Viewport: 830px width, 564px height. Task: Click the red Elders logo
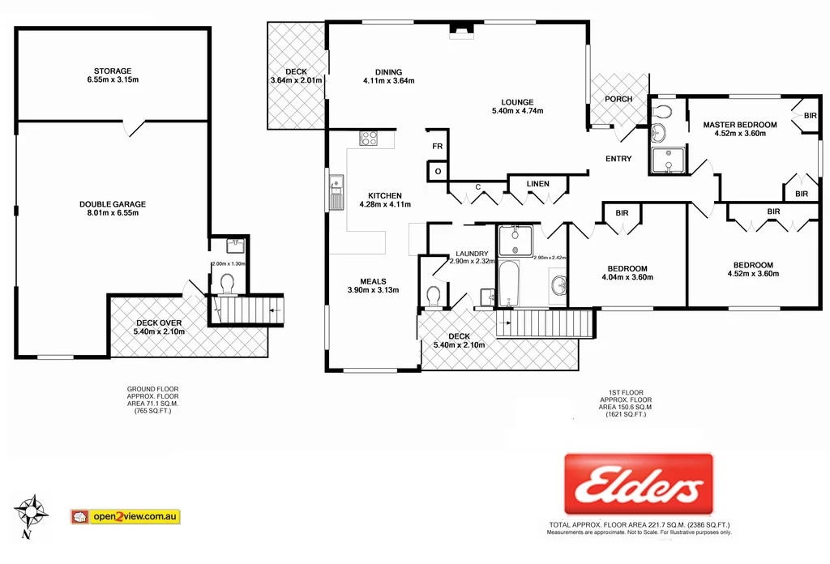(x=638, y=486)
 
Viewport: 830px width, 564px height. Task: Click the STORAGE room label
(x=112, y=70)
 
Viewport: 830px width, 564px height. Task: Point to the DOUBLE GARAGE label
(x=112, y=204)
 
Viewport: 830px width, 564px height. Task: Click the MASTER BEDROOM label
(x=739, y=125)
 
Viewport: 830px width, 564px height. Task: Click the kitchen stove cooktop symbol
(x=369, y=138)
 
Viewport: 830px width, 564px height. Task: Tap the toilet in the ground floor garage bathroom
(x=227, y=283)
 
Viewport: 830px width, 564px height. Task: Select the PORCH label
(x=618, y=99)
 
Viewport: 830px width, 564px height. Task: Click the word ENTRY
(x=618, y=159)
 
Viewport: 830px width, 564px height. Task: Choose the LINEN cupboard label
(x=537, y=184)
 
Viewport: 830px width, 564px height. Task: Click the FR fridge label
(x=437, y=147)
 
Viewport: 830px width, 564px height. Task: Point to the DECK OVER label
(x=159, y=323)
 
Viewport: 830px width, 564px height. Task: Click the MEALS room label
(x=367, y=281)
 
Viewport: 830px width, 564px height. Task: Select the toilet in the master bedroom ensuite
(x=662, y=111)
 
